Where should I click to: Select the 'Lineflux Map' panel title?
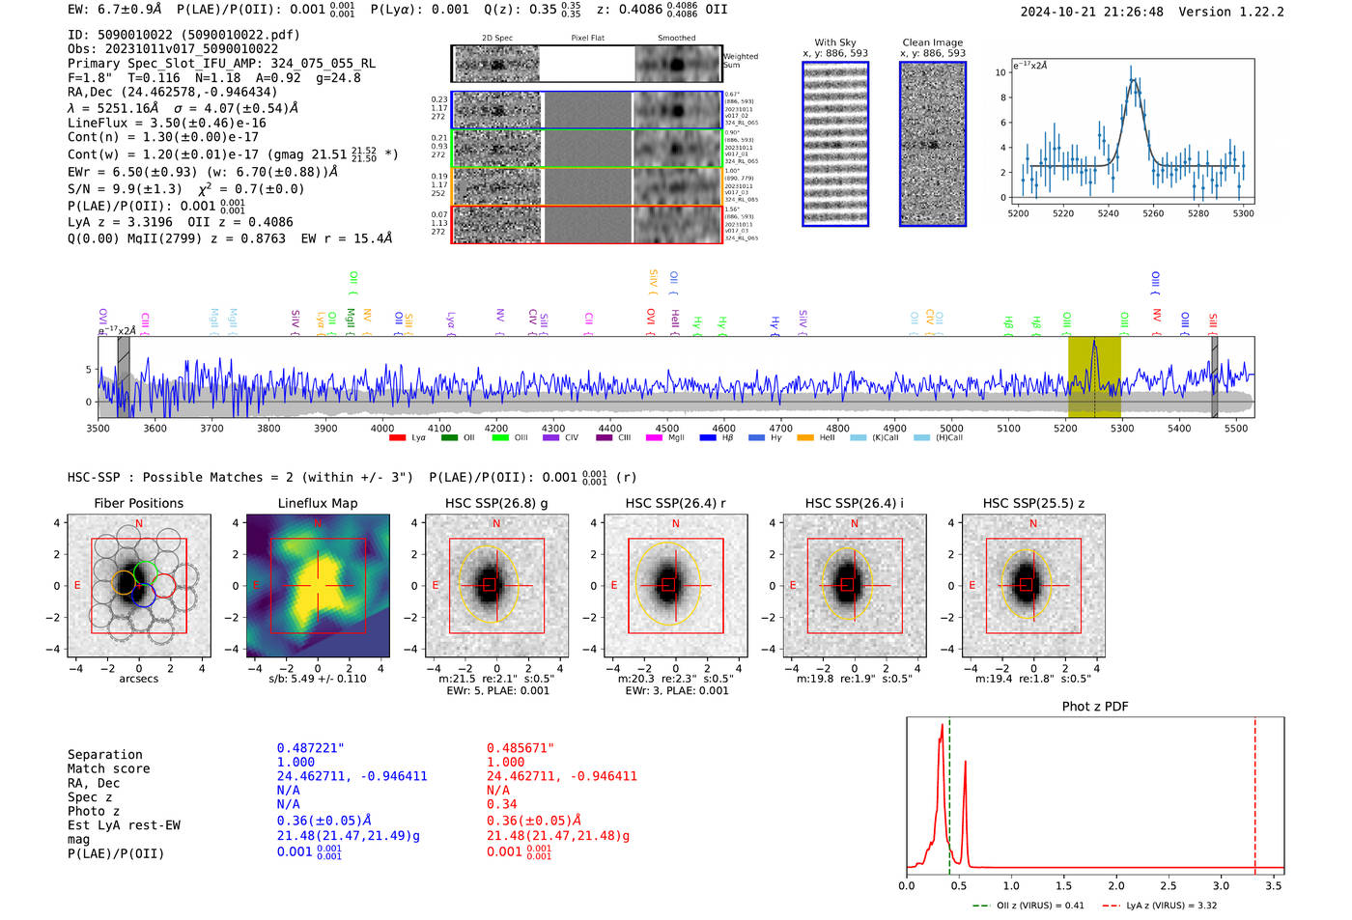click(x=317, y=503)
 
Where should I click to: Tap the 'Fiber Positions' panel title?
click(x=138, y=503)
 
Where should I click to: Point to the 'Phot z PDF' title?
click(x=1095, y=706)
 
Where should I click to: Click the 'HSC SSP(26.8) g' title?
click(x=495, y=503)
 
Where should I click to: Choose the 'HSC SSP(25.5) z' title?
click(x=1033, y=503)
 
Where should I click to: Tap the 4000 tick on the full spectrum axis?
click(x=382, y=428)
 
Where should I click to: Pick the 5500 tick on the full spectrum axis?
click(x=1236, y=428)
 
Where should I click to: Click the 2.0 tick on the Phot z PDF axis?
click(x=1116, y=885)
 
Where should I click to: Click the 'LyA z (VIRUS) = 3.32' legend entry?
click(x=1172, y=906)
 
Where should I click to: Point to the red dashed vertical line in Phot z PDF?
click(x=1254, y=792)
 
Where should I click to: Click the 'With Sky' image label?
click(x=835, y=42)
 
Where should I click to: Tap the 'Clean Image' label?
click(x=932, y=42)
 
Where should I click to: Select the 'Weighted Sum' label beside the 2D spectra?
click(x=740, y=60)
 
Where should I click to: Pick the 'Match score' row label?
click(x=108, y=768)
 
